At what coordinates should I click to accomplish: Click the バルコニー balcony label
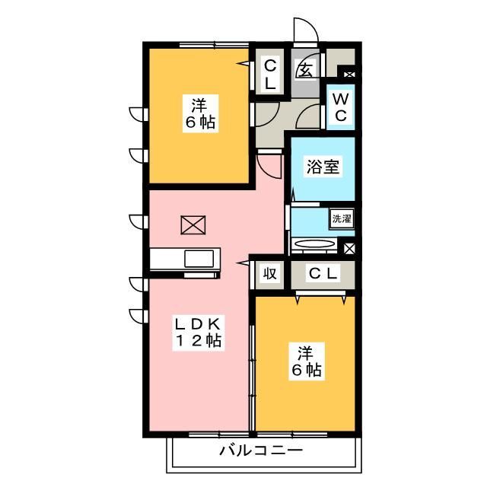tap(261, 450)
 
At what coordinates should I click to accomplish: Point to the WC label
tap(341, 107)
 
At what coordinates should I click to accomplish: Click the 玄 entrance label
tap(304, 71)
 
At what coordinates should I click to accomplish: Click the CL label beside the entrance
tap(269, 75)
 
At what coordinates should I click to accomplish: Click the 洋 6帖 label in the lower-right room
tap(305, 361)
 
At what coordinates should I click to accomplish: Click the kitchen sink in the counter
tap(199, 259)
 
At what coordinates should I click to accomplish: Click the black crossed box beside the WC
tap(349, 75)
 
